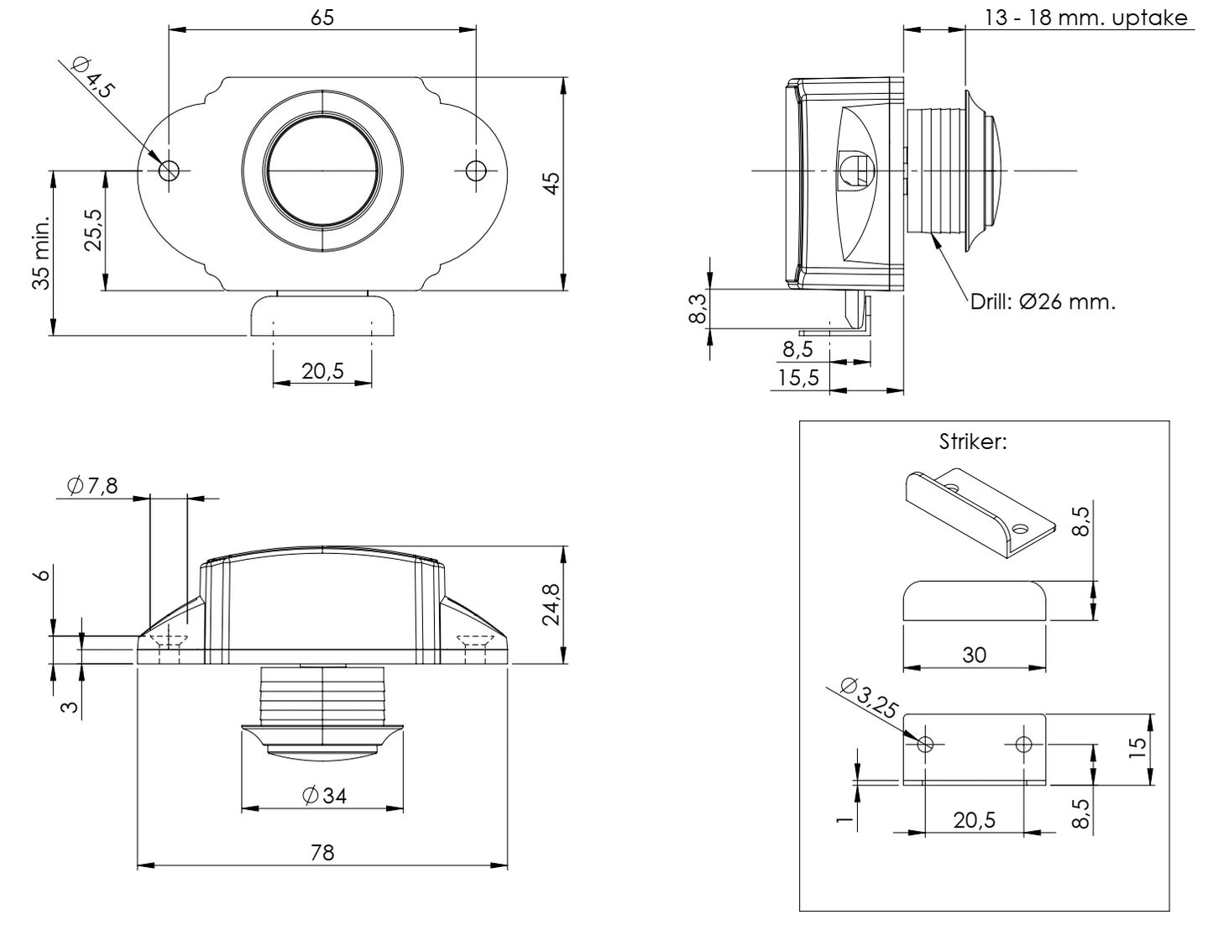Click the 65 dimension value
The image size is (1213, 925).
point(322,18)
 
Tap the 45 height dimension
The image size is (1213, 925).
point(550,183)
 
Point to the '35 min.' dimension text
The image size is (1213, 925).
point(41,252)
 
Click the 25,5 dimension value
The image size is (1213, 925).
point(93,230)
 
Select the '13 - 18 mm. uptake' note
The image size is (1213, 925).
point(1086,18)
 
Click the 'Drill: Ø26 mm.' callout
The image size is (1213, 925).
point(1043,302)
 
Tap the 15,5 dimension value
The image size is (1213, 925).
point(797,378)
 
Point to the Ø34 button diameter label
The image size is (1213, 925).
point(322,796)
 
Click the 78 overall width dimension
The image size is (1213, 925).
point(322,853)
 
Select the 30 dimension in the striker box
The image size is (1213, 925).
point(974,655)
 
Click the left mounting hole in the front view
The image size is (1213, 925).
point(169,170)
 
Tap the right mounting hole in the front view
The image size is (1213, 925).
point(476,170)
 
